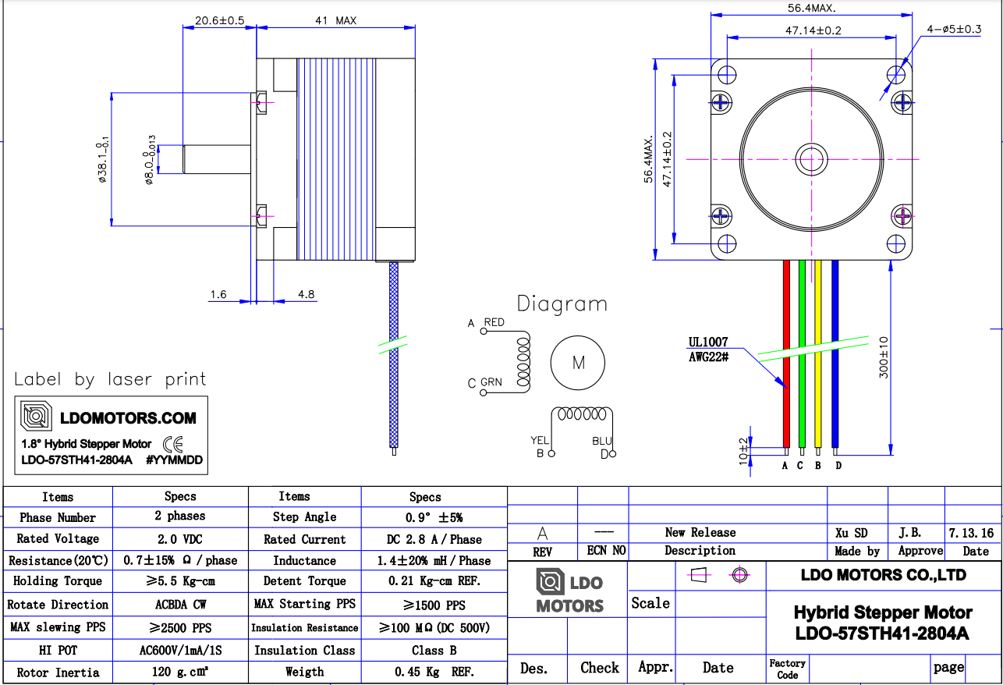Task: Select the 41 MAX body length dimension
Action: click(335, 20)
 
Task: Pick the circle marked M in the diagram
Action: click(578, 363)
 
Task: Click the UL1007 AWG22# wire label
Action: click(708, 349)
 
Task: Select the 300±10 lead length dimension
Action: click(883, 357)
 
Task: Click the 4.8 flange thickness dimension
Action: click(307, 294)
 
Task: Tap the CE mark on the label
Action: click(172, 444)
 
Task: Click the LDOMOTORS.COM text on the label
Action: click(128, 419)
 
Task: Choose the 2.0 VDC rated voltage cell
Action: click(180, 539)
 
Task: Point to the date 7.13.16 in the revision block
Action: click(971, 533)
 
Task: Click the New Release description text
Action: click(700, 532)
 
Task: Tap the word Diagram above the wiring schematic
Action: click(562, 304)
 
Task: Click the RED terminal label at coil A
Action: click(494, 322)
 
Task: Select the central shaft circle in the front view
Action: click(812, 159)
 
